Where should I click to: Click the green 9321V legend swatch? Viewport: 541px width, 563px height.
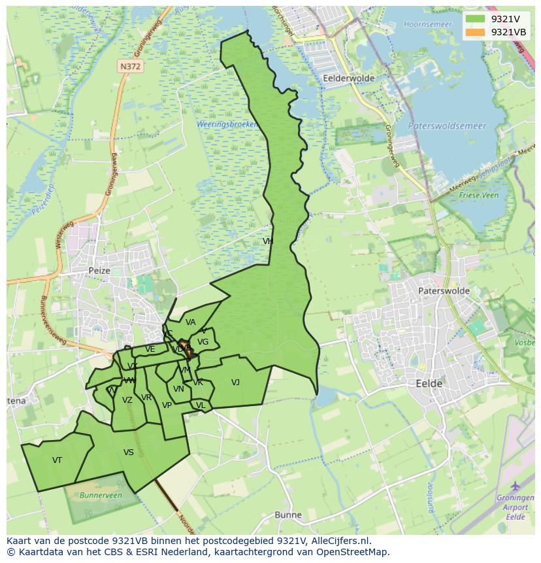[476, 19]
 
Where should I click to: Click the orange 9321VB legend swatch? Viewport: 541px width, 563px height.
[476, 32]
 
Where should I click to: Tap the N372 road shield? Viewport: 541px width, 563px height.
[131, 66]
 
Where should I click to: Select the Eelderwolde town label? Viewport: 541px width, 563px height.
[348, 78]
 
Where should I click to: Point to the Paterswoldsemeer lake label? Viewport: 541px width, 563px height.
[447, 126]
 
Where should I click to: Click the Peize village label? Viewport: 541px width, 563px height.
[100, 270]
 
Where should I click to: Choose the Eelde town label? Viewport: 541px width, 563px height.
[429, 383]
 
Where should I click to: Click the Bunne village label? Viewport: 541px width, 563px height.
[288, 515]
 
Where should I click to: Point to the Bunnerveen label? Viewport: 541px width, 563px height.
[101, 496]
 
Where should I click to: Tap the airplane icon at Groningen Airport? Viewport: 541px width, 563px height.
[516, 486]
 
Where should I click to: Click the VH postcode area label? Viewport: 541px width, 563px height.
[268, 241]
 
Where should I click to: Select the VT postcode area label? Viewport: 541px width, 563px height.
[57, 460]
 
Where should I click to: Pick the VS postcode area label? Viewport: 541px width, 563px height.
[129, 452]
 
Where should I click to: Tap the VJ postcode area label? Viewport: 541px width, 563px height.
[235, 383]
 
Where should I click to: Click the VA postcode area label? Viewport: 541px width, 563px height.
[190, 322]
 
